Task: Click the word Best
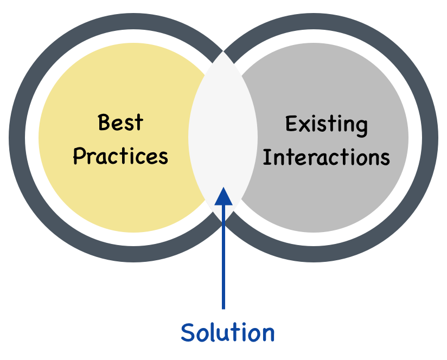click(x=120, y=123)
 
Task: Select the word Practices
click(x=120, y=157)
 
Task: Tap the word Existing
click(x=327, y=125)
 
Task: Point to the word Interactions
click(x=327, y=158)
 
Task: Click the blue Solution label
click(x=227, y=332)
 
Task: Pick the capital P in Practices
click(x=79, y=157)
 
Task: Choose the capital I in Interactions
click(x=266, y=157)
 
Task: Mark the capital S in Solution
click(x=188, y=332)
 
